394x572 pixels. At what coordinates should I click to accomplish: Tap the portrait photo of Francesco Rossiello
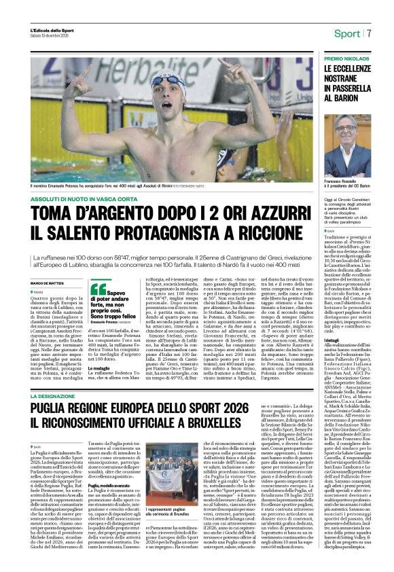click(x=346, y=145)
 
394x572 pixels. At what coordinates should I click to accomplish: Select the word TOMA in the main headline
click(x=56, y=215)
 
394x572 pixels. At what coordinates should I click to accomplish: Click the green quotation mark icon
click(x=98, y=289)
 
